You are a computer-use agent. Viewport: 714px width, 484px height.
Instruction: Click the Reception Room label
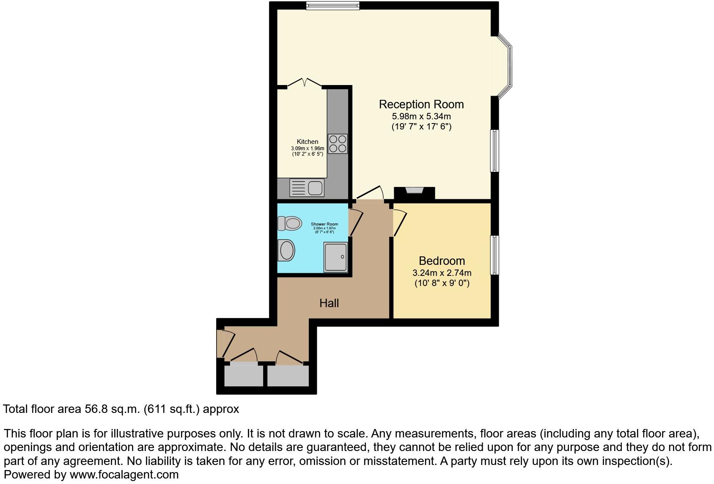[421, 104]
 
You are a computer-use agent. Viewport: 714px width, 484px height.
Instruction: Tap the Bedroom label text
[442, 261]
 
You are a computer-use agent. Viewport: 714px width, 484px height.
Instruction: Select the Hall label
[329, 303]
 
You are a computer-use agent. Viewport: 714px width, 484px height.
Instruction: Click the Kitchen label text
[308, 142]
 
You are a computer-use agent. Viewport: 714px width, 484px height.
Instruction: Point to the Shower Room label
[324, 224]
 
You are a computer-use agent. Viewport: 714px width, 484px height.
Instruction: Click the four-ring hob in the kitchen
[338, 143]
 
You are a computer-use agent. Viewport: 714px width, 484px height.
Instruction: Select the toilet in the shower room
[290, 223]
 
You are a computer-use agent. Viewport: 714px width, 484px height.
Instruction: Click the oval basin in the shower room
[287, 250]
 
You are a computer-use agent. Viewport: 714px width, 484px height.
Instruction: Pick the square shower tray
[336, 257]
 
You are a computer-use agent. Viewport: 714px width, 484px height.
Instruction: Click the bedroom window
[494, 255]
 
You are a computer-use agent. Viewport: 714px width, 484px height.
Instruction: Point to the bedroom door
[400, 223]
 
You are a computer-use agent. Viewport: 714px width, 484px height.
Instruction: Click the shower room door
[356, 222]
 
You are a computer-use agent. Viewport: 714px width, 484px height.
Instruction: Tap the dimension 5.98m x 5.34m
[421, 116]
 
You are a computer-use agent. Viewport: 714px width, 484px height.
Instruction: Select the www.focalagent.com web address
[124, 475]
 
